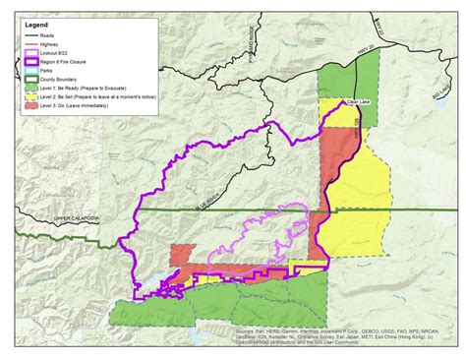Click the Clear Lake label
(x=358, y=101)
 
